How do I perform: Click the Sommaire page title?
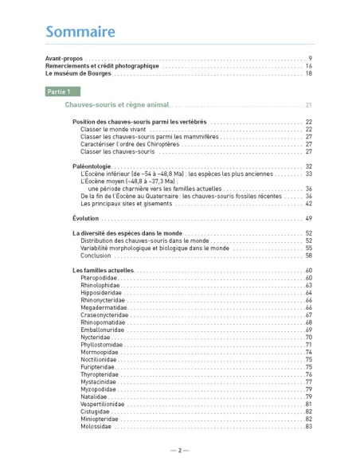pyautogui.click(x=80, y=32)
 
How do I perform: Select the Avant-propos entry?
pyautogui.click(x=64, y=59)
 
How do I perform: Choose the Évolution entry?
pyautogui.click(x=85, y=218)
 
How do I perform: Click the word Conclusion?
pyautogui.click(x=96, y=256)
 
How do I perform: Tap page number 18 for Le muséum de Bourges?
pyautogui.click(x=308, y=73)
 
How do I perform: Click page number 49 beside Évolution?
pyautogui.click(x=308, y=218)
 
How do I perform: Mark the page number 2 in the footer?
pyautogui.click(x=180, y=450)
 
